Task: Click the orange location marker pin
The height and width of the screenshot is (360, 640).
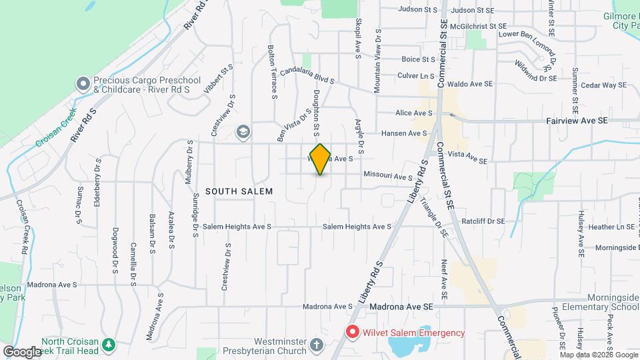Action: coord(321,159)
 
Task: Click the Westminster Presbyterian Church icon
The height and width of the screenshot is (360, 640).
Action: coord(317,345)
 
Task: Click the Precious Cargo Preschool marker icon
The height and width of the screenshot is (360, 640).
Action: coord(83,84)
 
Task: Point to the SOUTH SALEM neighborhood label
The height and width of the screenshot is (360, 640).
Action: coord(239,191)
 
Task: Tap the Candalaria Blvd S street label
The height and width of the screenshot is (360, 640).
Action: coord(306,74)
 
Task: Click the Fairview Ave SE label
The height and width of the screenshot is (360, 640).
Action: coord(577,121)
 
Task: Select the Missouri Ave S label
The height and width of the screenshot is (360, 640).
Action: coord(388,177)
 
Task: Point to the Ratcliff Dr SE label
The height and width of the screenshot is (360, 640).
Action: coord(483,221)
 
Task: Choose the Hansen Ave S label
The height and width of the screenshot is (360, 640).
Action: coord(405,133)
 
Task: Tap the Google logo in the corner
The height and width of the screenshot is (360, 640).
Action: coord(22,351)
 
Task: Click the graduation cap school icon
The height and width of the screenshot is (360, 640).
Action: coord(243,131)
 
